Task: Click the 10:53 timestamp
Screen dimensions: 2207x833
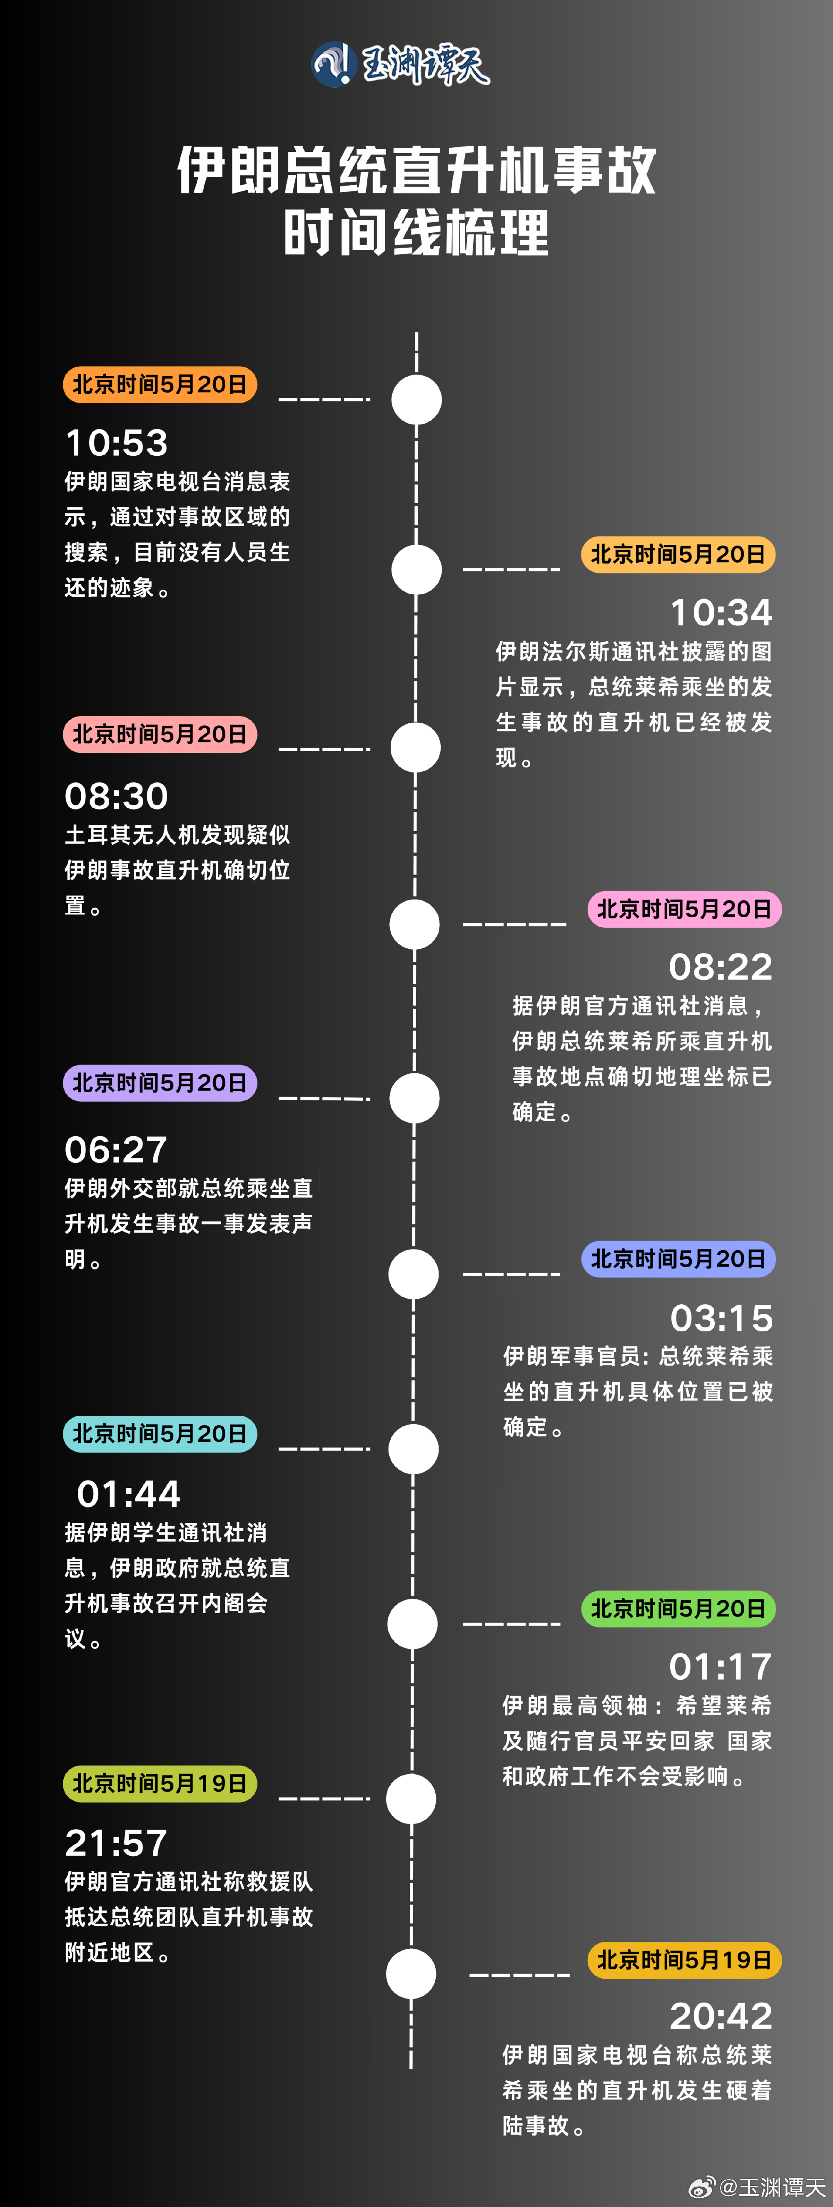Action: click(x=117, y=443)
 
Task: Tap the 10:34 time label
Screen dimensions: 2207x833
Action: click(x=721, y=613)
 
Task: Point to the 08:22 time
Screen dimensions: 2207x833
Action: click(x=721, y=967)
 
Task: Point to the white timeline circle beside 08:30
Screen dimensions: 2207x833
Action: click(x=416, y=747)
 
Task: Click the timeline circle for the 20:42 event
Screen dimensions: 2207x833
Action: click(x=412, y=1974)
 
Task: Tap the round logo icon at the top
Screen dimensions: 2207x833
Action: click(x=332, y=64)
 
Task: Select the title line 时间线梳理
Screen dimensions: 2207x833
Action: click(x=416, y=233)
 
